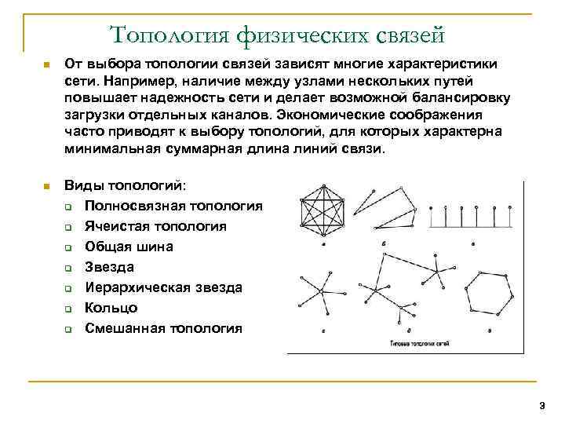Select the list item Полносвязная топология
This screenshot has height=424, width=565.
tap(173, 206)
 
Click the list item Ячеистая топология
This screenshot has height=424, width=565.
tap(155, 226)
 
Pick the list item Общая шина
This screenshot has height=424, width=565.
tap(129, 247)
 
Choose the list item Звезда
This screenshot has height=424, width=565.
tap(109, 267)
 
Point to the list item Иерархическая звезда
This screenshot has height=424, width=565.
tap(163, 287)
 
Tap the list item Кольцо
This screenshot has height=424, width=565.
tap(111, 308)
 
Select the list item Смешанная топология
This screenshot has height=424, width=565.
tap(163, 328)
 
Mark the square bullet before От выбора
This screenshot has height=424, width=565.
tap(46, 64)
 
